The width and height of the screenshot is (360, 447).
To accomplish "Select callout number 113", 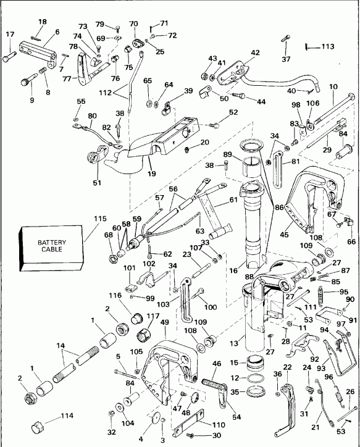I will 327,46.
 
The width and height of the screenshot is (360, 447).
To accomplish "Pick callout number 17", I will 9,34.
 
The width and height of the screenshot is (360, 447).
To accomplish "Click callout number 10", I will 333,86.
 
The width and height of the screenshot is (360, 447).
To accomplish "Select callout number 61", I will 233,199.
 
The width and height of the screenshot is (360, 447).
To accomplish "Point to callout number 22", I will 288,367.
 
